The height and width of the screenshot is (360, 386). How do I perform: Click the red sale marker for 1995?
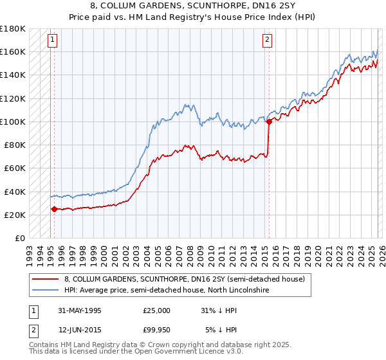[54, 209]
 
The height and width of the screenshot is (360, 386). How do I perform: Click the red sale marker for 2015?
[268, 122]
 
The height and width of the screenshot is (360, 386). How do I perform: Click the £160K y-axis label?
[13, 51]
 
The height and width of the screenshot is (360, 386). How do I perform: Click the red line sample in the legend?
[45, 279]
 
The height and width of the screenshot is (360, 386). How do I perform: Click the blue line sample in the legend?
[45, 291]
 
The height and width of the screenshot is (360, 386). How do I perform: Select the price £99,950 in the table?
[157, 330]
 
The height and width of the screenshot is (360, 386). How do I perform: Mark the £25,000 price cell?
[157, 310]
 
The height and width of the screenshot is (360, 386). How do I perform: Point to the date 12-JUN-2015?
[79, 330]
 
